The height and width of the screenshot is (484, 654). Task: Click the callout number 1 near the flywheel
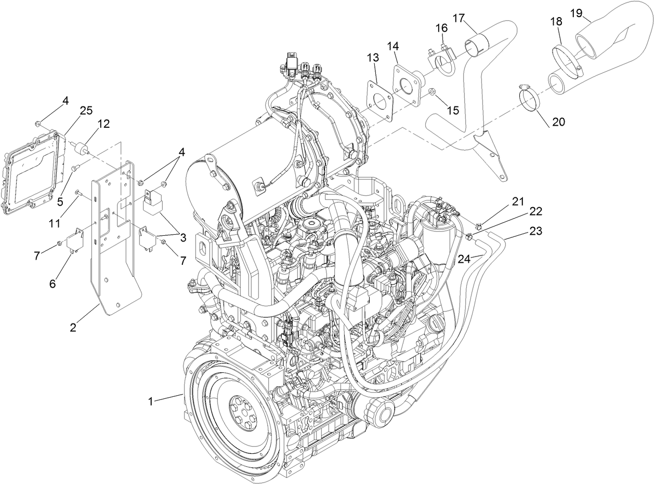click(x=151, y=401)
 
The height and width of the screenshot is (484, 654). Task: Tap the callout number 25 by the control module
click(x=86, y=111)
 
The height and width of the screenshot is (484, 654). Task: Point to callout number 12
click(x=103, y=124)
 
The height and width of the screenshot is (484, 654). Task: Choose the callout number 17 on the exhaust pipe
click(x=459, y=18)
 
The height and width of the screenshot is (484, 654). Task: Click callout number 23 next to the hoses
click(x=535, y=231)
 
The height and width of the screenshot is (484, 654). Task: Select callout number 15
click(x=453, y=111)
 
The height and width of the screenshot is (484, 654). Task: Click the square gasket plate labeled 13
click(x=379, y=99)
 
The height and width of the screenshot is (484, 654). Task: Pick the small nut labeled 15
click(x=431, y=92)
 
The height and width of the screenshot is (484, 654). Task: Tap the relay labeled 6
click(x=77, y=239)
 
